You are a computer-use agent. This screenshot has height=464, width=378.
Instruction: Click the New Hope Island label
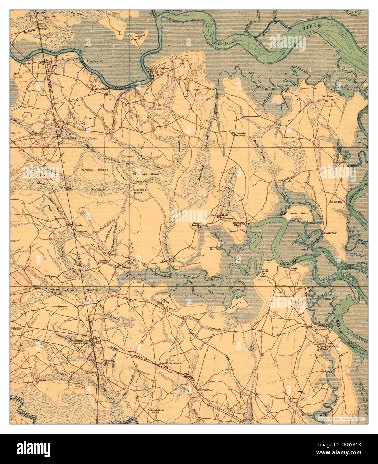[145, 174]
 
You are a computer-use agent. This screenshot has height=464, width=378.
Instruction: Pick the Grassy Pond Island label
[136, 191]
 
